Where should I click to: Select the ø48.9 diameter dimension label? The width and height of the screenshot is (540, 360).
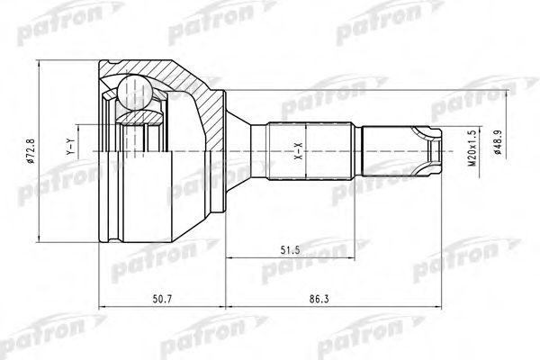(497, 141)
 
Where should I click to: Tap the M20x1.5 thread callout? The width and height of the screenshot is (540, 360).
(472, 148)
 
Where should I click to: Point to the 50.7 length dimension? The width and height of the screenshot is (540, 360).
(162, 299)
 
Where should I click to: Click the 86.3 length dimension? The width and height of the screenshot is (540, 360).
(319, 299)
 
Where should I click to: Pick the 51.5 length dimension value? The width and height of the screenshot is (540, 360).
(290, 250)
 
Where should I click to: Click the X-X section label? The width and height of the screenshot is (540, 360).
(298, 151)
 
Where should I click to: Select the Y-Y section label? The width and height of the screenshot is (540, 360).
(71, 146)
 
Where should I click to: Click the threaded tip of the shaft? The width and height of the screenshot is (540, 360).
(401, 151)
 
